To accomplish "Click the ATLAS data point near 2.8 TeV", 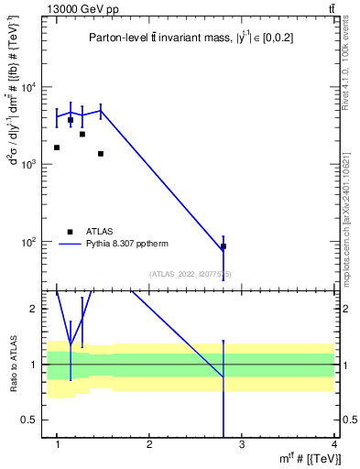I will pos(224,246).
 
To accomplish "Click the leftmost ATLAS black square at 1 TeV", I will pos(57,147).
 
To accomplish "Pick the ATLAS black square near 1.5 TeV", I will pos(101,154).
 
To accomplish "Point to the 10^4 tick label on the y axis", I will pos(30,88).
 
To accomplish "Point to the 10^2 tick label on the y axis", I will pos(30,242).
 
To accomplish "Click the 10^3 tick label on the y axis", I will pos(30,165).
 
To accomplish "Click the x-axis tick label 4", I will pos(335,444).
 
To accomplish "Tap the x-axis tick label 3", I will pos(242,444).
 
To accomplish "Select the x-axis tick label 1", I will pos(57,444).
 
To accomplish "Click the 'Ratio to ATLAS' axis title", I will pos(13,365).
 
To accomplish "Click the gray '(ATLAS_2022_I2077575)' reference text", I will pos(191,273).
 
